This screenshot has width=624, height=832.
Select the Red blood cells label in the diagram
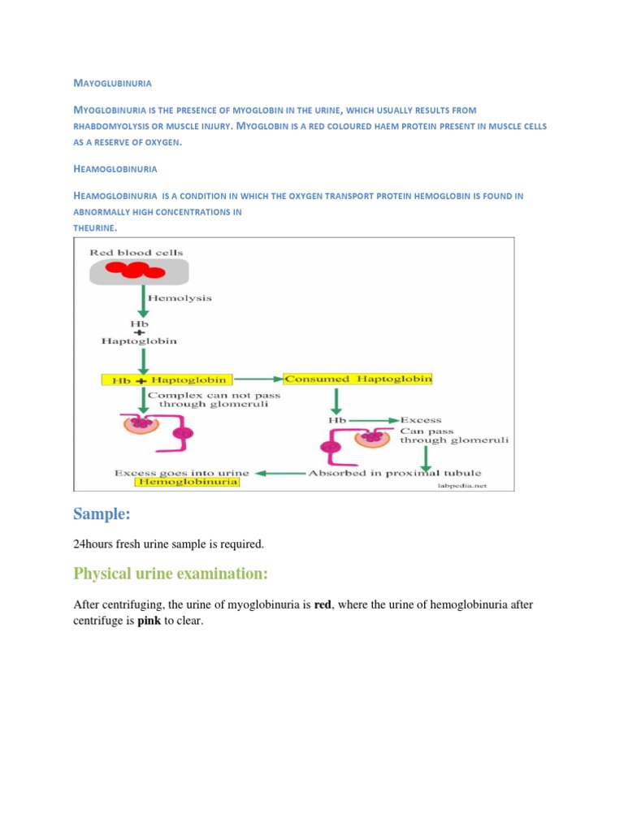[x=136, y=253]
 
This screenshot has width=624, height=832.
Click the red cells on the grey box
[x=136, y=271]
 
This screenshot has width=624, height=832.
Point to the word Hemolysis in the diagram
[x=180, y=298]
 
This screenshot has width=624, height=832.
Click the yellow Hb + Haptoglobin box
[x=167, y=379]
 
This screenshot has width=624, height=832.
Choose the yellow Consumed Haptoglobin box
[x=358, y=379]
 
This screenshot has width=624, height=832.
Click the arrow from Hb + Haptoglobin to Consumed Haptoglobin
[x=258, y=379]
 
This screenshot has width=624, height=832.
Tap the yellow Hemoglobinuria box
[x=188, y=482]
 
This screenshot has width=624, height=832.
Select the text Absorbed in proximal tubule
[x=394, y=472]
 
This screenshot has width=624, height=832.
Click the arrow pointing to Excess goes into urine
[x=281, y=472]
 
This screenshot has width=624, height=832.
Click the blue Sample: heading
[x=103, y=513]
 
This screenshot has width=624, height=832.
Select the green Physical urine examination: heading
[x=171, y=574]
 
